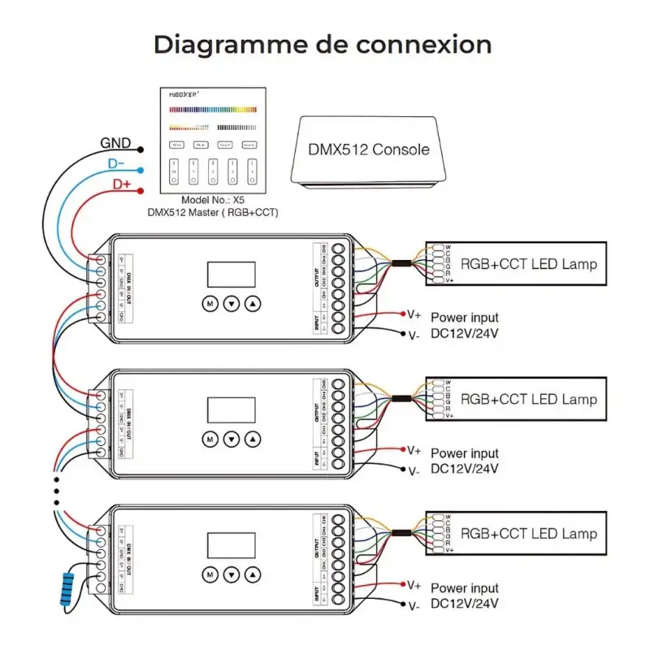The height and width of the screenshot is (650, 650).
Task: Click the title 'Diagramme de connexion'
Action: click(323, 44)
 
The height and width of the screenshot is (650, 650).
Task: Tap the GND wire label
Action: click(115, 144)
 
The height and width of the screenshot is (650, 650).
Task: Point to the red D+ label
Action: click(121, 185)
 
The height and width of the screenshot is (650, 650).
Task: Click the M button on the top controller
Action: click(210, 303)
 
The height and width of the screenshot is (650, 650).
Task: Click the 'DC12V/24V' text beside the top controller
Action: click(464, 332)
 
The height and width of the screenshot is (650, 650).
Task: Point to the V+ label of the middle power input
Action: click(414, 449)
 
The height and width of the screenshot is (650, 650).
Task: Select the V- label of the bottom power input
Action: click(414, 605)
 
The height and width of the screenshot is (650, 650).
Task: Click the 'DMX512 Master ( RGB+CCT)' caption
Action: click(213, 213)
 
